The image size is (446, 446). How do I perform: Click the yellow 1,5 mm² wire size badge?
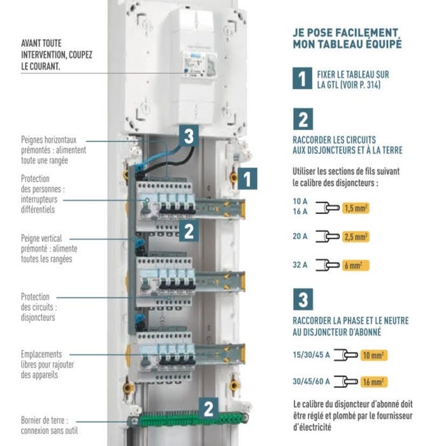click(357, 208)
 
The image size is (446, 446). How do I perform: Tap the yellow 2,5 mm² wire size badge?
click(357, 237)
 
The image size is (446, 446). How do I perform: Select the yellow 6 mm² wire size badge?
click(356, 266)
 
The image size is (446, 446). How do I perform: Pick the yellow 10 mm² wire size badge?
click(373, 355)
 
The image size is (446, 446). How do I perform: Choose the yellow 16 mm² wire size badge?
click(373, 382)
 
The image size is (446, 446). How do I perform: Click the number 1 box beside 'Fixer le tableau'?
click(303, 78)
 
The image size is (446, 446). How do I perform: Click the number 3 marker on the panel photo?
click(188, 135)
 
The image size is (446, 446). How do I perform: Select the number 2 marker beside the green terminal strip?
click(208, 407)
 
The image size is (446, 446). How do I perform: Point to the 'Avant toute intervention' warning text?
click(56, 55)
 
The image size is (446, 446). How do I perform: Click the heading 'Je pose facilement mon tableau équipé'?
click(347, 38)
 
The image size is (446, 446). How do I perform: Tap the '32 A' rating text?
click(300, 266)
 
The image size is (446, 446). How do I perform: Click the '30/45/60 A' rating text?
click(311, 382)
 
